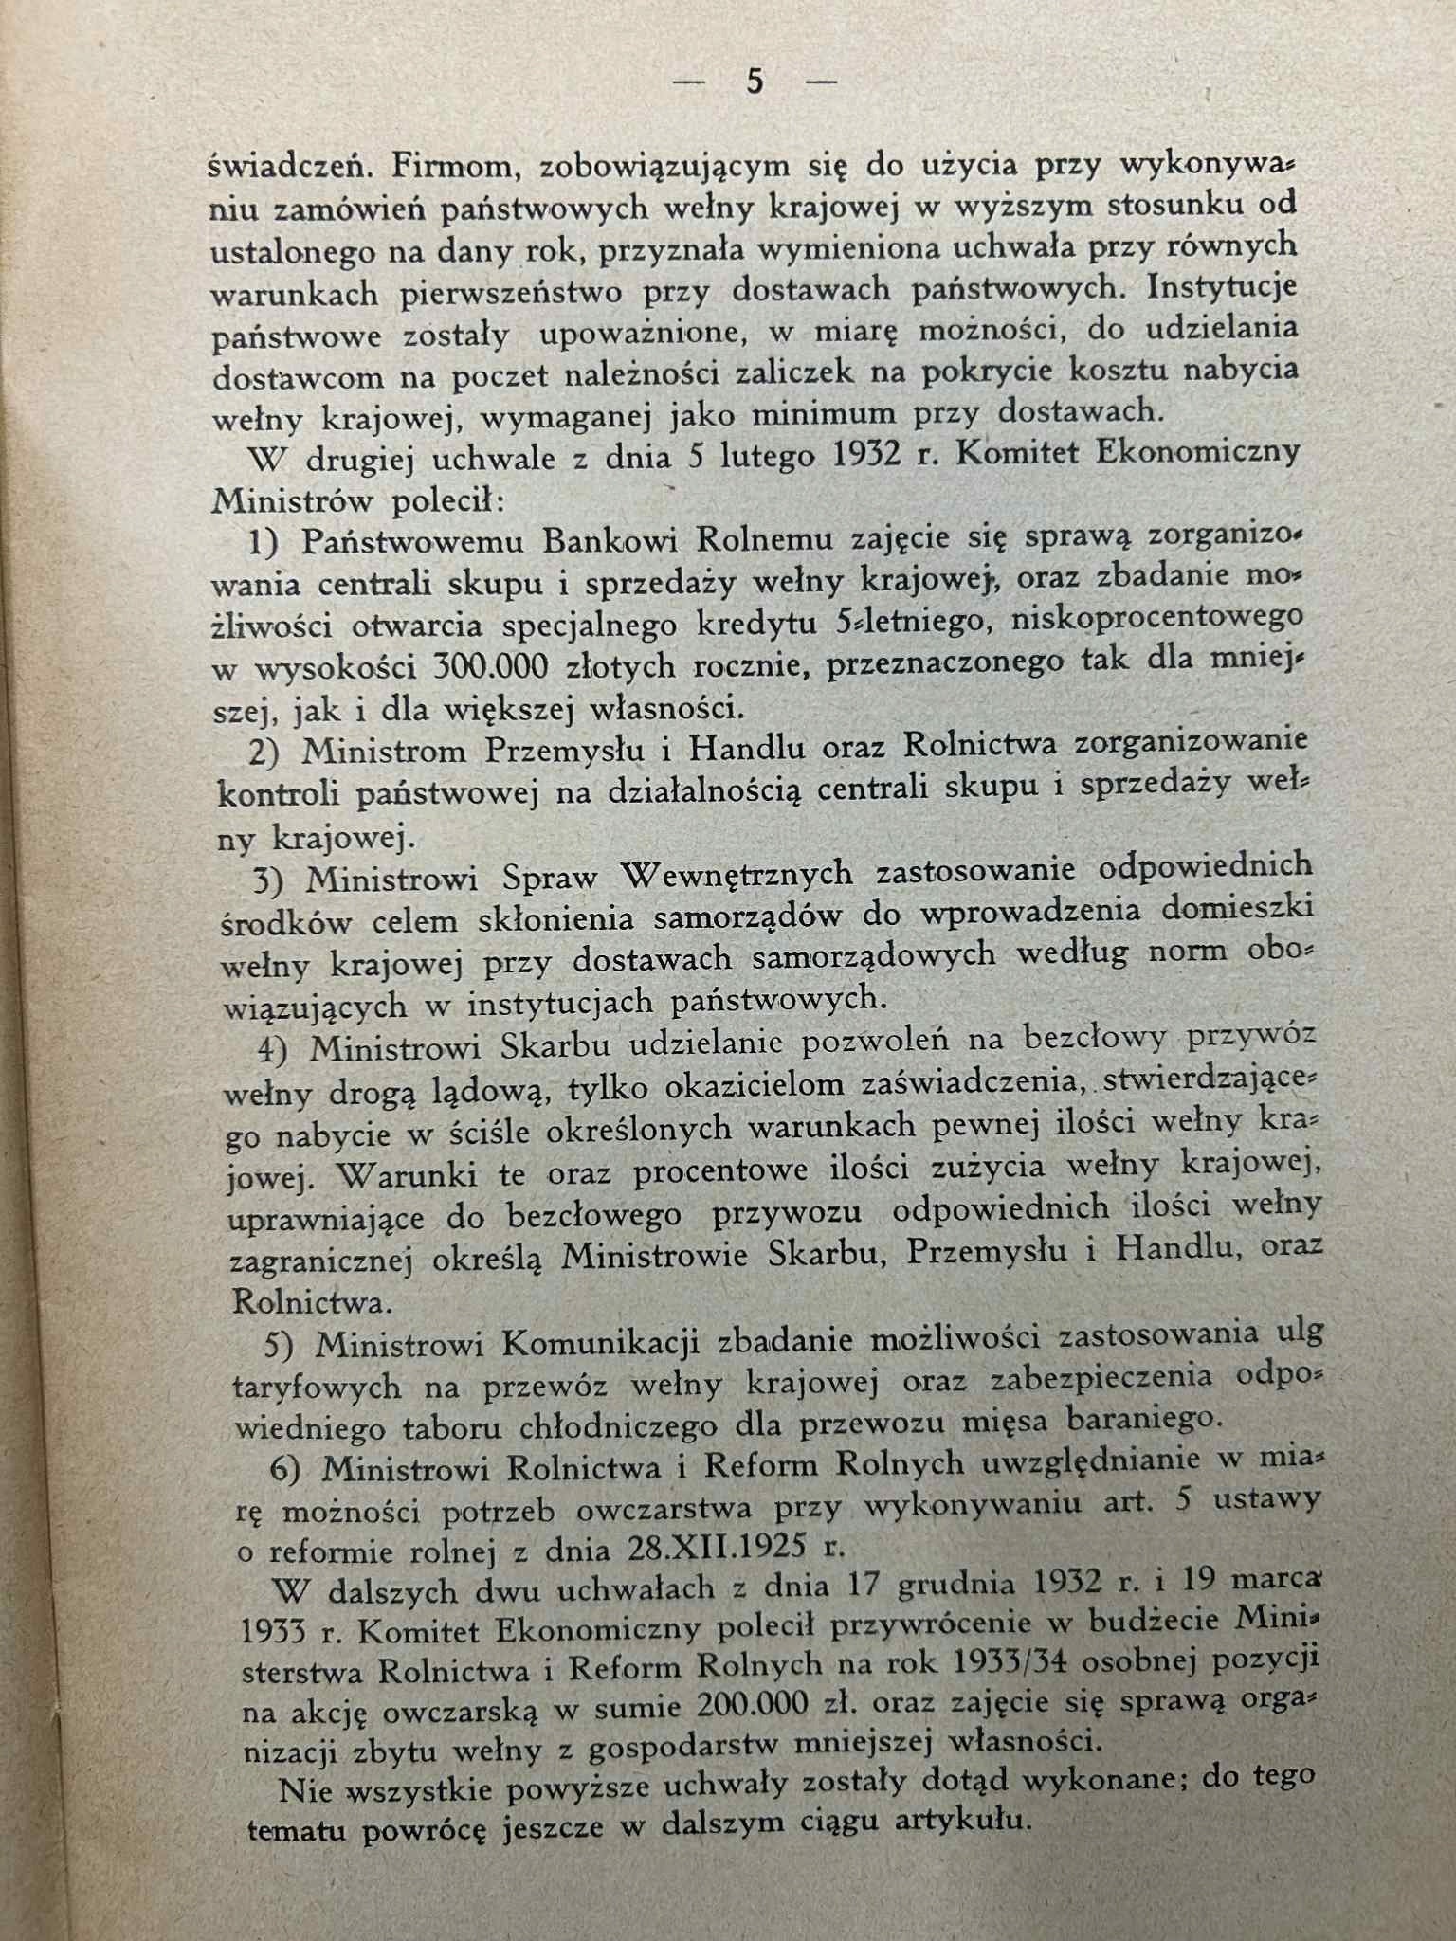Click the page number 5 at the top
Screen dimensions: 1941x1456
[755, 82]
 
